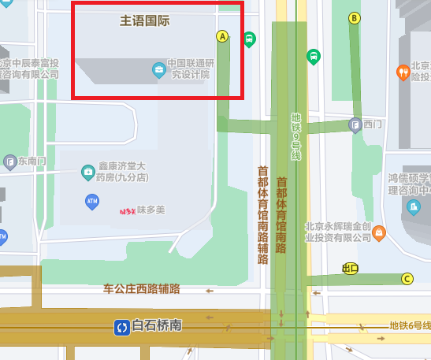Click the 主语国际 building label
pyautogui.click(x=145, y=20)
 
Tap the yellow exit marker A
pyautogui.click(x=223, y=35)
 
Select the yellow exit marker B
pyautogui.click(x=355, y=18)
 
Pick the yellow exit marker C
pyautogui.click(x=407, y=278)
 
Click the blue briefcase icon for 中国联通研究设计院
pyautogui.click(x=158, y=69)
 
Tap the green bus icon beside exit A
pyautogui.click(x=250, y=39)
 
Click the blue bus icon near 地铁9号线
pyautogui.click(x=314, y=57)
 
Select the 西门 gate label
pyautogui.click(x=372, y=124)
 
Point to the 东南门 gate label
pyautogui.click(x=32, y=162)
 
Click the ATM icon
pyautogui.click(x=92, y=202)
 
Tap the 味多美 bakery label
pyautogui.click(x=150, y=210)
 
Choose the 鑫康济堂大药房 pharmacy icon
pyautogui.click(x=88, y=172)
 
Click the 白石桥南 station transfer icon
pyautogui.click(x=122, y=326)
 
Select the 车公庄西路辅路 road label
pyautogui.click(x=142, y=289)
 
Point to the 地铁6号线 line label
pyautogui.click(x=410, y=326)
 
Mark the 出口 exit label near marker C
pyautogui.click(x=350, y=269)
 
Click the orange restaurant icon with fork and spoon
pyautogui.click(x=403, y=72)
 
